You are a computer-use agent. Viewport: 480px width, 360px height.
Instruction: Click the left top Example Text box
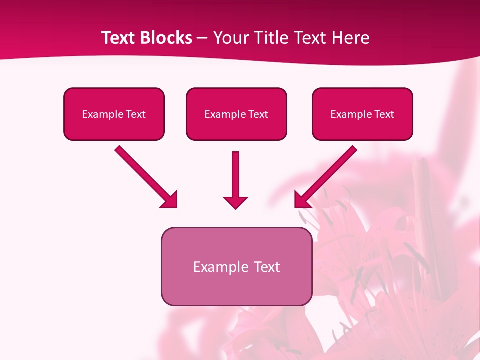point(114,114)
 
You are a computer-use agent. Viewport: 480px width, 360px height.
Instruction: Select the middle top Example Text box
point(236,114)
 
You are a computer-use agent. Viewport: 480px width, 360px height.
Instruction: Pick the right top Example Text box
point(362,114)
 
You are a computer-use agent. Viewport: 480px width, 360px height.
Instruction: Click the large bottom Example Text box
point(236,266)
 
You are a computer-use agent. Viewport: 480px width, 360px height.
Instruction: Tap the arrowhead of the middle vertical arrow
point(235,202)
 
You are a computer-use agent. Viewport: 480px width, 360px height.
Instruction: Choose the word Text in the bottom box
point(267,267)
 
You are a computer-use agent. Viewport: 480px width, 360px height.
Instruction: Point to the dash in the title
point(202,38)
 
